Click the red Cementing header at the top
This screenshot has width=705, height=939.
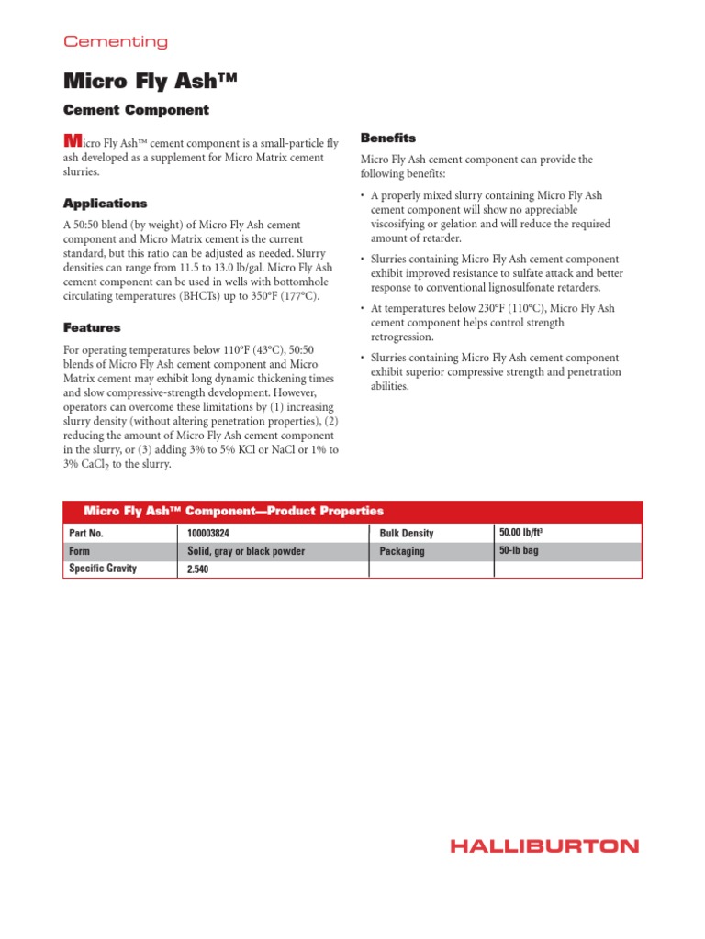click(x=115, y=41)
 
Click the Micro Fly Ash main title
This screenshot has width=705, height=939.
click(x=150, y=81)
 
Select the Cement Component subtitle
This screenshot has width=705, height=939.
click(x=136, y=110)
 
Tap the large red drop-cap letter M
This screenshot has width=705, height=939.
click(x=72, y=141)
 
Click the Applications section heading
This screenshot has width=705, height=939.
click(x=105, y=203)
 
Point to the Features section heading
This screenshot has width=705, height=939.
click(x=92, y=327)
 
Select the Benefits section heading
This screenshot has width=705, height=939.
click(x=388, y=138)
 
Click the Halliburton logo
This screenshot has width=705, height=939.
click(x=544, y=845)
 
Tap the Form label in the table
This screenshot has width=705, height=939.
click(x=80, y=551)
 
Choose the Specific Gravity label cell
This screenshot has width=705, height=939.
click(x=103, y=569)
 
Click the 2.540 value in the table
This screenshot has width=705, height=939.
click(x=199, y=569)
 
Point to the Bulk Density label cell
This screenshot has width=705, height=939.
click(x=407, y=533)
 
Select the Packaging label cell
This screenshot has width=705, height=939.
click(x=402, y=551)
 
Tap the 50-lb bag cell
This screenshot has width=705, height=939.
click(x=520, y=550)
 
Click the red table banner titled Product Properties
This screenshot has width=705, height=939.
click(x=233, y=511)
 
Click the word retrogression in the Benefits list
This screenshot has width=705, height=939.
click(x=405, y=337)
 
